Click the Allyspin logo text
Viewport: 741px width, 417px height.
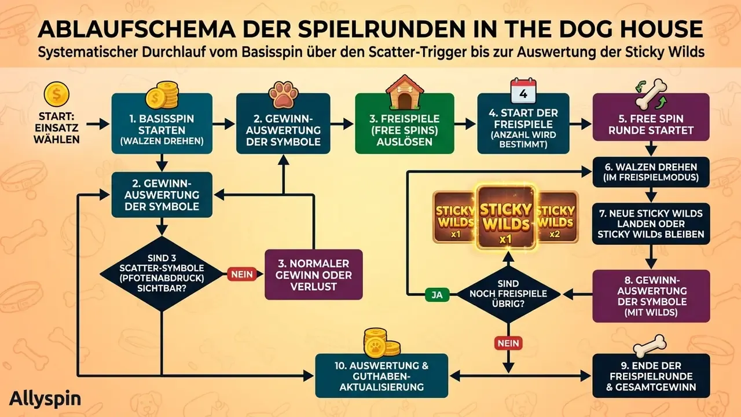[45, 399]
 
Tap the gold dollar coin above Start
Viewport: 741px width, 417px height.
[57, 94]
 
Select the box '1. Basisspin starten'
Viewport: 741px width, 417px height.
[162, 123]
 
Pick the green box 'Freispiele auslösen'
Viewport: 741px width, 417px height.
[405, 124]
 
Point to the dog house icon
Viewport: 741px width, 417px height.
[405, 92]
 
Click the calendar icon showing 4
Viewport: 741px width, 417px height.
[523, 92]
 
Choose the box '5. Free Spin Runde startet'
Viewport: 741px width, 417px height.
[651, 117]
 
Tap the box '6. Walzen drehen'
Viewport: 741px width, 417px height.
[651, 172]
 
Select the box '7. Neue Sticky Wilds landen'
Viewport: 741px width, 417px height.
[651, 224]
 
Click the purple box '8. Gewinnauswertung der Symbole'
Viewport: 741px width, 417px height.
[651, 296]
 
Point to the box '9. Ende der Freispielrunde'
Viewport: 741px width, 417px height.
[651, 376]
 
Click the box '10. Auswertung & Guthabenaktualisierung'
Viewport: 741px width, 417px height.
[381, 376]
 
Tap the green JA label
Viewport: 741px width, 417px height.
[437, 295]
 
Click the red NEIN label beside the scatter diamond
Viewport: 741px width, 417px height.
[242, 274]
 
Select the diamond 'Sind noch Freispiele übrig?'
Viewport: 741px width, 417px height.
[508, 294]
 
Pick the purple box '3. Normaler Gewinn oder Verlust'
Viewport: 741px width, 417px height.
[314, 275]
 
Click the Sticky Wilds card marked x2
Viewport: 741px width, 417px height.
[557, 217]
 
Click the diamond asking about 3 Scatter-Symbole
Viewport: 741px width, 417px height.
[162, 273]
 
